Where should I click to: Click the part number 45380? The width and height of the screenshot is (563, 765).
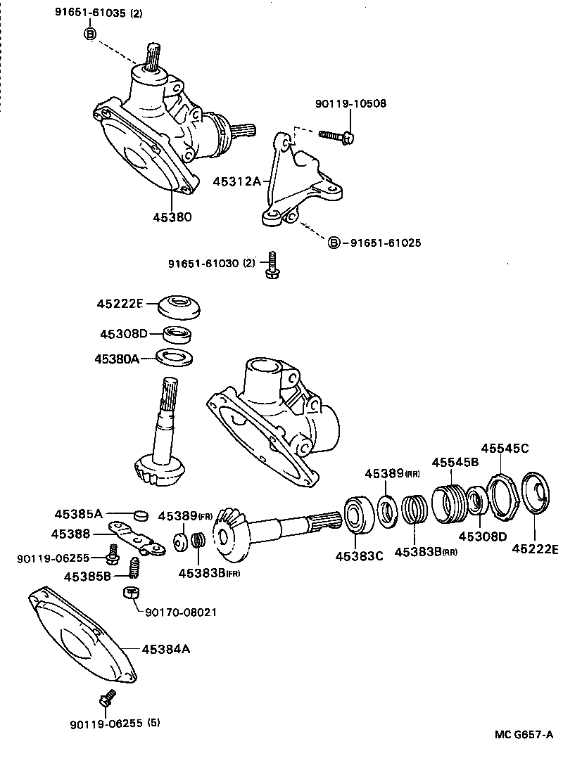coord(172,217)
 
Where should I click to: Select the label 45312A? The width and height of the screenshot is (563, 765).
coord(236,181)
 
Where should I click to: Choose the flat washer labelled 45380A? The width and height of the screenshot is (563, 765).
coord(174,357)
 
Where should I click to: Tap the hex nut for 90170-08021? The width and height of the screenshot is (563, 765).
coord(130,593)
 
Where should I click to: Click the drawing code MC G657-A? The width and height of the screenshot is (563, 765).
coord(523,735)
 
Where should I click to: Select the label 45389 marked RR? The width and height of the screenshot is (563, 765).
coord(392,474)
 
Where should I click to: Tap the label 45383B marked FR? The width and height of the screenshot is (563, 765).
coord(209,573)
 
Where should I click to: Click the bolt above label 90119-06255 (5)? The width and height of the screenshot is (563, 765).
coord(106,699)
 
